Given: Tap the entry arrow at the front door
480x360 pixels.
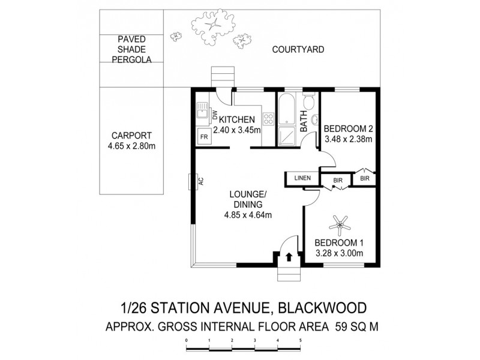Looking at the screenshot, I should coord(289,257).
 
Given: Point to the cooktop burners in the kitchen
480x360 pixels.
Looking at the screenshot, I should coord(267,119).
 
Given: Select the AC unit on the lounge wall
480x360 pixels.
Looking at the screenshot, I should coord(191,182).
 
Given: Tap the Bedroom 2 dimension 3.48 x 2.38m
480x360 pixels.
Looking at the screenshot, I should coord(349,139).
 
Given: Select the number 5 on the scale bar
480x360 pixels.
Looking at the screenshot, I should coord(300,340).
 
